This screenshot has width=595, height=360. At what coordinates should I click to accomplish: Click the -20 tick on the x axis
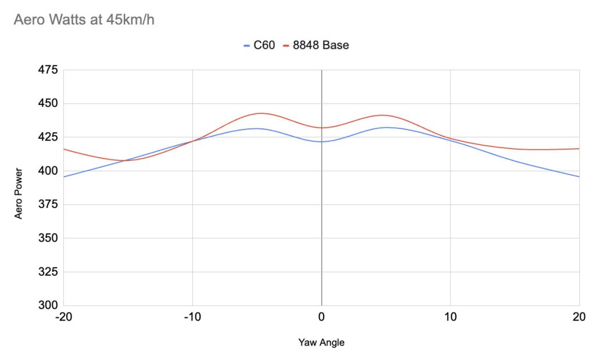(x=63, y=318)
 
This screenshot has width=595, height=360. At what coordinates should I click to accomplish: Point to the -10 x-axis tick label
(x=192, y=318)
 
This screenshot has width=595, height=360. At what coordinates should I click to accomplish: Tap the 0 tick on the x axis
(x=321, y=318)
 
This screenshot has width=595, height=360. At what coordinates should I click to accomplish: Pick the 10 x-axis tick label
(x=450, y=318)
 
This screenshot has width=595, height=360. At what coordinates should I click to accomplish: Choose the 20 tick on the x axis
(x=579, y=318)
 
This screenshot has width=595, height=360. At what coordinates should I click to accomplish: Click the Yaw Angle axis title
(x=321, y=343)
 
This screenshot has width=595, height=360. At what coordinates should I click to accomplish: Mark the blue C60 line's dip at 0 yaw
(x=321, y=142)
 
